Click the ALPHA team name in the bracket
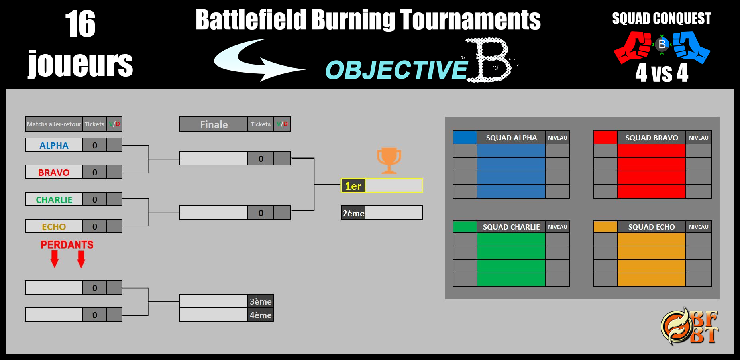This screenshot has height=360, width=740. [54, 146]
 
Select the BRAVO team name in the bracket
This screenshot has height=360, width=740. [54, 173]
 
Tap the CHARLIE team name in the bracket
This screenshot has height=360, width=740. [54, 200]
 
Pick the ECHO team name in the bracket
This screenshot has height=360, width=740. [54, 227]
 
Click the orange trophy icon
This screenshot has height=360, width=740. [389, 160]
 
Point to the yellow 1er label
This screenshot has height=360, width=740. [353, 186]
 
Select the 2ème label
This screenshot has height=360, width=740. [353, 213]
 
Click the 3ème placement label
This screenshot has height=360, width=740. [261, 301]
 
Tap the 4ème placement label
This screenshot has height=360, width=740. [261, 315]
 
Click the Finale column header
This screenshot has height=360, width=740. [214, 124]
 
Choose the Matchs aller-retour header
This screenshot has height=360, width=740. [54, 124]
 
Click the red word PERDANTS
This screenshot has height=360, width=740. [67, 245]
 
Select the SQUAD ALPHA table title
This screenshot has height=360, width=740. [511, 138]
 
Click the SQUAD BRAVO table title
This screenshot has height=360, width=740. [652, 138]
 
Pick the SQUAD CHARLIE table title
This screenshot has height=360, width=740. [511, 227]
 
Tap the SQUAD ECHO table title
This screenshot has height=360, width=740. [652, 227]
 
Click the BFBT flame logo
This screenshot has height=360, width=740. [689, 326]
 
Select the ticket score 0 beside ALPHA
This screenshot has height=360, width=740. [94, 146]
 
